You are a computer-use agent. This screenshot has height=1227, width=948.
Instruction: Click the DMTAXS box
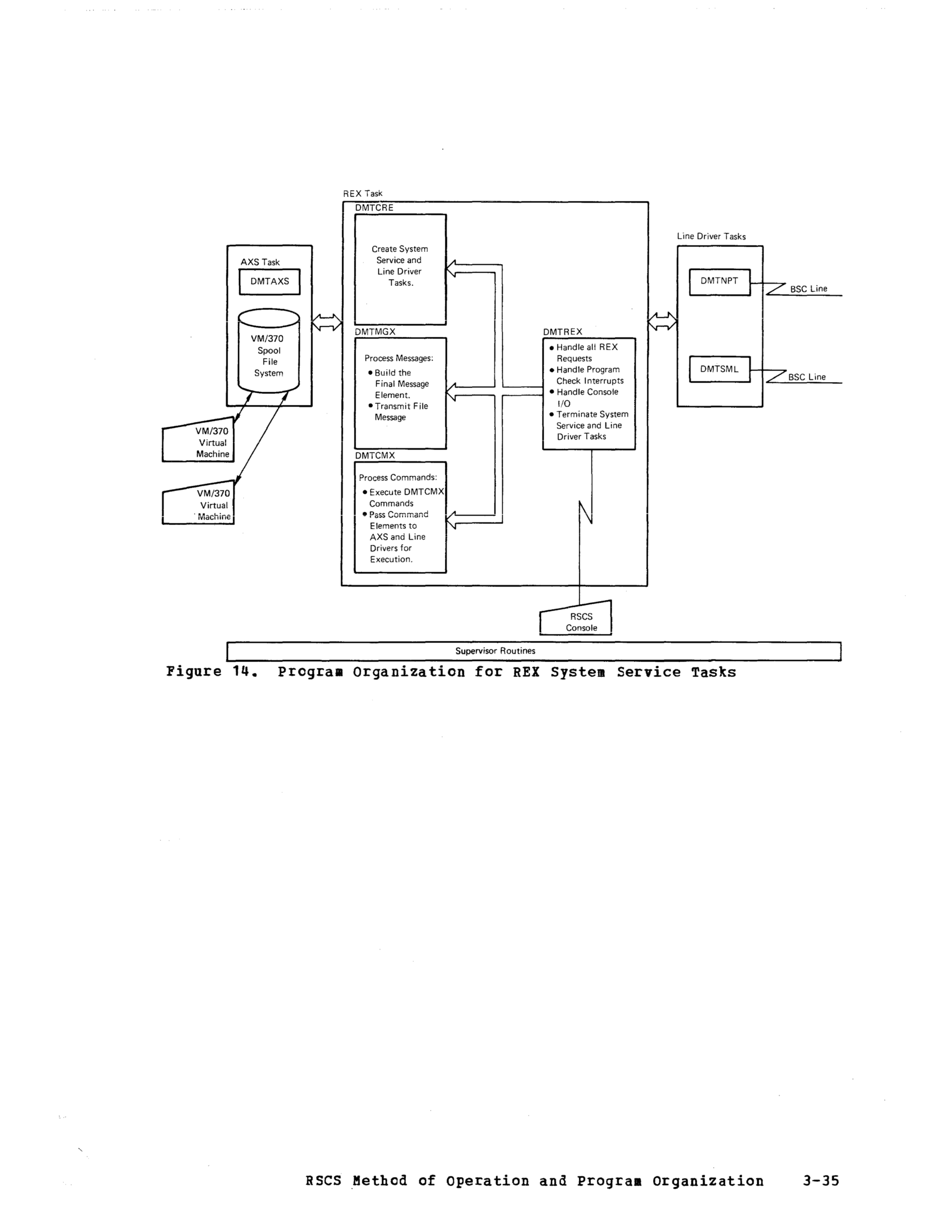coord(269,282)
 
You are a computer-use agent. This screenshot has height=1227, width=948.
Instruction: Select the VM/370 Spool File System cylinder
coord(268,351)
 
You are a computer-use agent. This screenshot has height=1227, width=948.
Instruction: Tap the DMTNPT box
coord(720,282)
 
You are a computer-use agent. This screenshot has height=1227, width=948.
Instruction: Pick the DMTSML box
coord(720,369)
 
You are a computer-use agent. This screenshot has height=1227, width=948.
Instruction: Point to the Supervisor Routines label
coord(495,651)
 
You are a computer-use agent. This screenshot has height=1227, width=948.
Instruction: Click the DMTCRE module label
coord(374,208)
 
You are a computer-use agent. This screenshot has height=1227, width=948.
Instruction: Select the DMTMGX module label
coord(375,332)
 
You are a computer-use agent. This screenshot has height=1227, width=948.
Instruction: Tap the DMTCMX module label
coord(375,455)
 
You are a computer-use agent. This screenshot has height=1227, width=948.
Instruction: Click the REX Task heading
coord(362,194)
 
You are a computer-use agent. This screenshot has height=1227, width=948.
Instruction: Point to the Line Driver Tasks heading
coord(711,236)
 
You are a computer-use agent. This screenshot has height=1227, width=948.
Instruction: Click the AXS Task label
coord(260,263)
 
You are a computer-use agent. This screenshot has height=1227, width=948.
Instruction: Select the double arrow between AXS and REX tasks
coord(326,323)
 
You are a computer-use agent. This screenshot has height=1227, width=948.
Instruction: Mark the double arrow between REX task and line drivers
coord(662,322)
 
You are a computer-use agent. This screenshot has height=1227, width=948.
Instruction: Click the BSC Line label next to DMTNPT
coord(809,289)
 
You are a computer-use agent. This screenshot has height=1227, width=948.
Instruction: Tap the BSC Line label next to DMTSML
coord(807,377)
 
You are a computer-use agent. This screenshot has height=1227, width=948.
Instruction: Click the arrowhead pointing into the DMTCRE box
coord(451,268)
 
